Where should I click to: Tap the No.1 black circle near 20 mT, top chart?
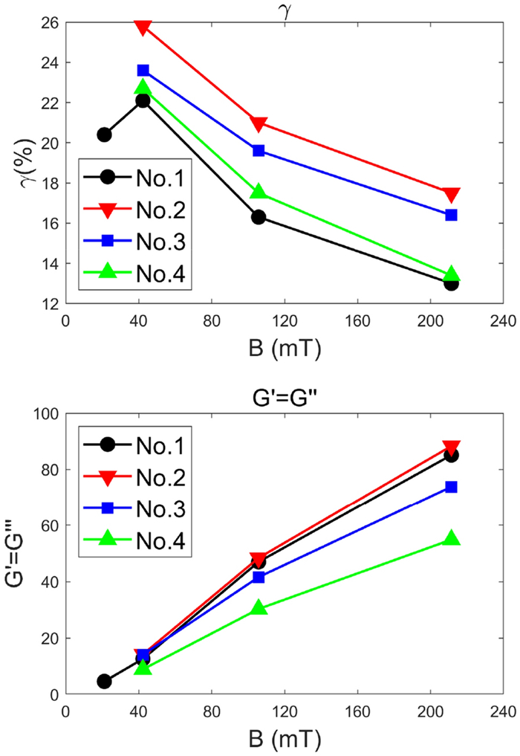[x=104, y=135]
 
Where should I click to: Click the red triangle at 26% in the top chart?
[x=143, y=27]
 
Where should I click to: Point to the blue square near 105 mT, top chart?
[x=259, y=150]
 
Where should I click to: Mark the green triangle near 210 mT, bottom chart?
[x=451, y=538]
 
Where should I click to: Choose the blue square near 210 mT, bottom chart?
[x=451, y=487]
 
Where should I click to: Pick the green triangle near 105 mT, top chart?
[x=259, y=192]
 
